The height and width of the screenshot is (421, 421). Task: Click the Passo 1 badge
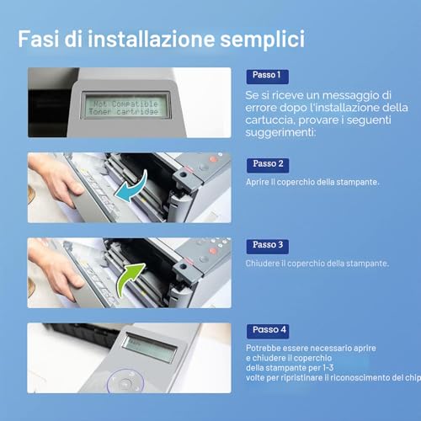coord(268,77)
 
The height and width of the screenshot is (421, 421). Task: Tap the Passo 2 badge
coord(268,165)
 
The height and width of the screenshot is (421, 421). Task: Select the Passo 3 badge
coord(268,247)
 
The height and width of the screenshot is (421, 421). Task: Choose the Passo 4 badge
coord(268,331)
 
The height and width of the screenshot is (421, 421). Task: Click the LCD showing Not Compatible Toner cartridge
coord(125,105)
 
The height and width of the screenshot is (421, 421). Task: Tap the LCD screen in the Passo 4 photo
coord(150,348)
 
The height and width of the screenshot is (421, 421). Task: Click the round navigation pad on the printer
coord(125,381)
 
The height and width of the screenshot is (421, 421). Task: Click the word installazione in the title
coord(152,39)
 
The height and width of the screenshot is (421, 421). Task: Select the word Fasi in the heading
coord(39,39)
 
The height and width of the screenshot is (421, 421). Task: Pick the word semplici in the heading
coord(262,40)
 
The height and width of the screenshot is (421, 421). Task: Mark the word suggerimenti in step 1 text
coord(280,133)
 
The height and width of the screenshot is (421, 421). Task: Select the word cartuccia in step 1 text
coord(270,120)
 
